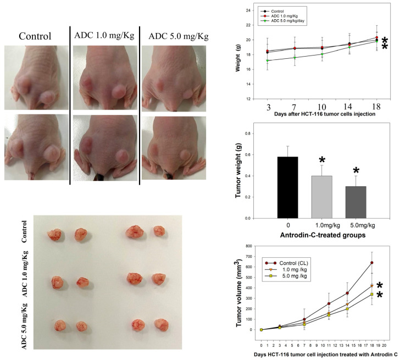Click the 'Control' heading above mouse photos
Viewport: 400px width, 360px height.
pyautogui.click(x=35, y=36)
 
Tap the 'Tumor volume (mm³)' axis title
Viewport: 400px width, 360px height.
pyautogui.click(x=240, y=291)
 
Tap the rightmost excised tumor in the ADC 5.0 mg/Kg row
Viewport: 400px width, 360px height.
pyautogui.click(x=160, y=324)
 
